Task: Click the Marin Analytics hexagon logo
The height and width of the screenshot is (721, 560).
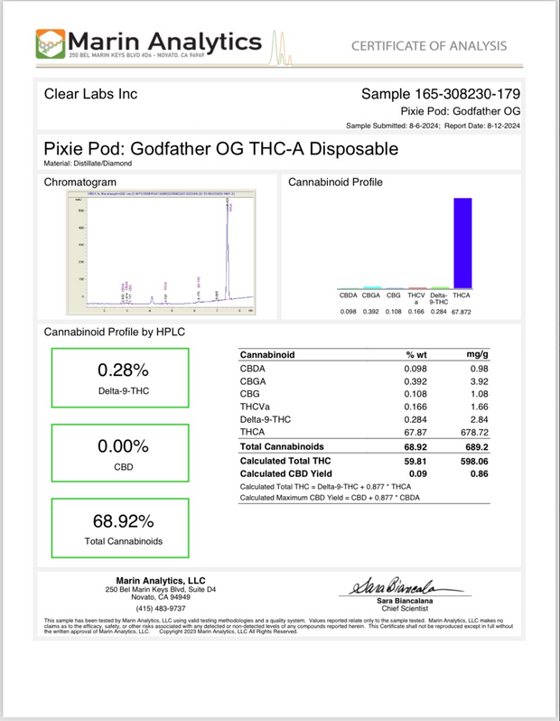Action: pyautogui.click(x=51, y=43)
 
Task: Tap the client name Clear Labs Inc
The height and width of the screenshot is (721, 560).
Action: pyautogui.click(x=90, y=94)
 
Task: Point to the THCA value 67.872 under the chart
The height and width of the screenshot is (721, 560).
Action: pyautogui.click(x=463, y=312)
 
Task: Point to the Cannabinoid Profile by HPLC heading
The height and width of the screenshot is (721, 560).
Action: pyautogui.click(x=114, y=332)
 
